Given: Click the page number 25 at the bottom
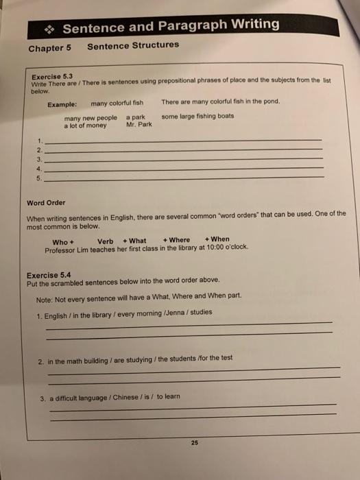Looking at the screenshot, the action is click(194, 443).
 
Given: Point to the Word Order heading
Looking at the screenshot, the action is click(47, 202).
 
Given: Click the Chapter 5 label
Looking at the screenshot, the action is click(50, 48).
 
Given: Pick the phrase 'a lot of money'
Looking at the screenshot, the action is click(86, 125).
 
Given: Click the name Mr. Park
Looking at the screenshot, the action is click(139, 125).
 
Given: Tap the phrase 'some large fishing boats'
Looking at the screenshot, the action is click(197, 117).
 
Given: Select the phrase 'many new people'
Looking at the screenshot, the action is click(90, 118).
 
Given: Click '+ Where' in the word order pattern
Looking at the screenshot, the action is click(176, 240).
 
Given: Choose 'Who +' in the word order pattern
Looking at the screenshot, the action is click(62, 241).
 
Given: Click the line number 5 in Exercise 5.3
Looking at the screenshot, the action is click(40, 178).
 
